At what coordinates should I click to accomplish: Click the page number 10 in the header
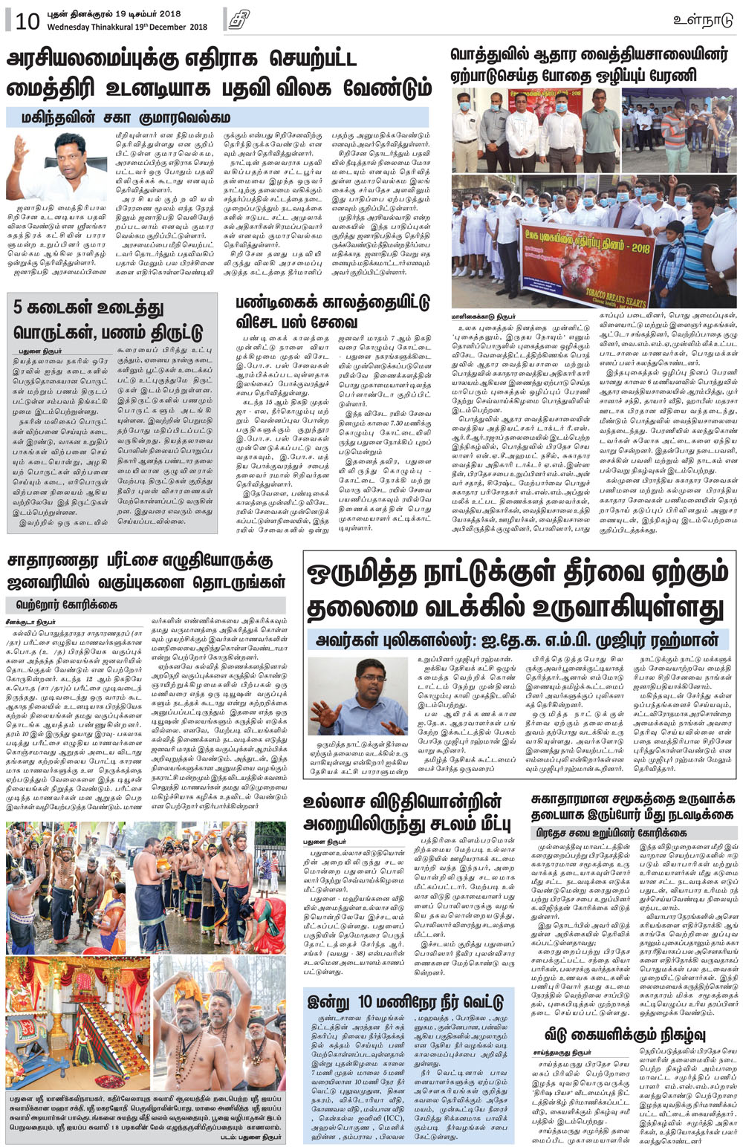point(27,22)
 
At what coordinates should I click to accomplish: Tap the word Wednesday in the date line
point(71,27)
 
